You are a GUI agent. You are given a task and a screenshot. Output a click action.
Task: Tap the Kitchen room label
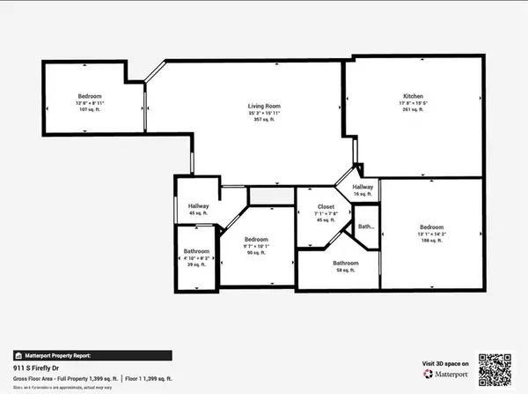pyautogui.click(x=414, y=95)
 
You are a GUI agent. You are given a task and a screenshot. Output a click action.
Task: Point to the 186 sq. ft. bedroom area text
pyautogui.click(x=431, y=241)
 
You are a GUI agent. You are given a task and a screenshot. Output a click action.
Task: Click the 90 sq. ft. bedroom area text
pyautogui.click(x=256, y=254)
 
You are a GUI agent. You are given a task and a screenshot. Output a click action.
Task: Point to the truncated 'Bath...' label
pyautogui.click(x=365, y=227)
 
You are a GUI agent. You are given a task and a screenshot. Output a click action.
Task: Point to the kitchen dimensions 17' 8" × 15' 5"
pyautogui.click(x=414, y=102)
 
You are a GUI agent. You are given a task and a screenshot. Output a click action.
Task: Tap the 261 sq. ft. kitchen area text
pyautogui.click(x=414, y=110)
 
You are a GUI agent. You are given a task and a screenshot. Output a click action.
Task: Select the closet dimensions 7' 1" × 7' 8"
pyautogui.click(x=326, y=213)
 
